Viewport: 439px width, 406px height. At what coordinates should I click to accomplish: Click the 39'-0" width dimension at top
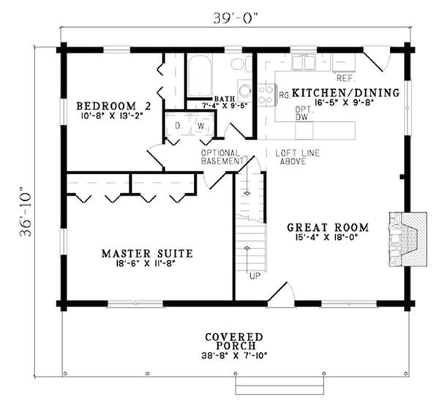coord(235,18)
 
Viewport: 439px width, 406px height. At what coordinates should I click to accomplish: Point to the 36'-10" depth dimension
coord(26,212)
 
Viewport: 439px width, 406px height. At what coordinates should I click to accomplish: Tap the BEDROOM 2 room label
coord(113,106)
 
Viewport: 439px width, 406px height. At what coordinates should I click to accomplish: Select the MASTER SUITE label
coord(147,253)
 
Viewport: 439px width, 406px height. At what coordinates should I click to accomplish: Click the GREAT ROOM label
coord(328,227)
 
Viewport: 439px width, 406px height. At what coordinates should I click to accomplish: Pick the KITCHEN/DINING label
coord(345,93)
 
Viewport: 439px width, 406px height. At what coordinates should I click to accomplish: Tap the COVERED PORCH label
coord(234,341)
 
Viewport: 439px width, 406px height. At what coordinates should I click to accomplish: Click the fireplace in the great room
coord(408,239)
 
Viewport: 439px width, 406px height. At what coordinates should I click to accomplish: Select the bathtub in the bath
coord(200,75)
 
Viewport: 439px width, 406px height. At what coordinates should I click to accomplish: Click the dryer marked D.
coord(178,126)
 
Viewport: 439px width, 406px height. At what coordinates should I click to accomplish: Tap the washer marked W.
coord(202,126)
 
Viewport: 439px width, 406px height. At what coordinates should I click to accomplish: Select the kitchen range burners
coord(266,95)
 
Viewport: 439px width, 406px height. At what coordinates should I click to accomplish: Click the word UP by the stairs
coord(255,276)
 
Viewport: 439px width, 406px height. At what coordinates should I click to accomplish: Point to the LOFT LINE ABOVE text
coord(297,157)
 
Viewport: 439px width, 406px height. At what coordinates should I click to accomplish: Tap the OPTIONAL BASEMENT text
coord(222,157)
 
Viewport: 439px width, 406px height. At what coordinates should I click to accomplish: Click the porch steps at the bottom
coord(279,386)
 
